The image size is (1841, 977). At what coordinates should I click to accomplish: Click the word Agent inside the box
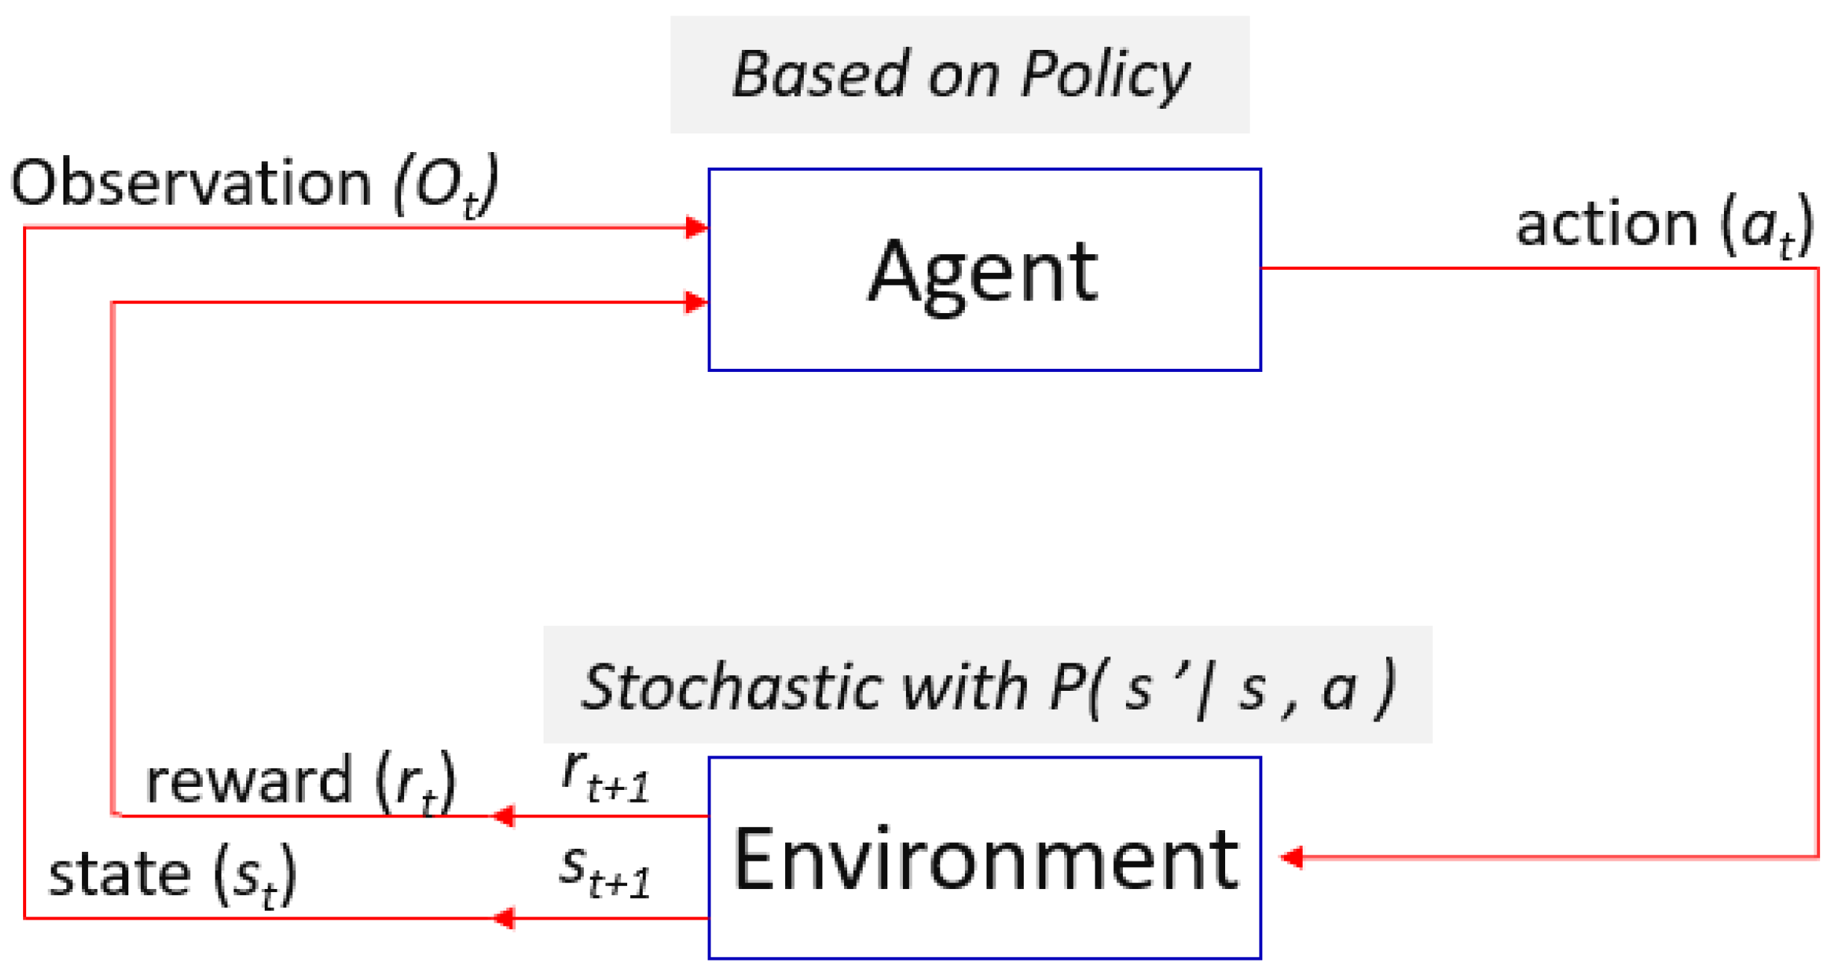click(x=983, y=272)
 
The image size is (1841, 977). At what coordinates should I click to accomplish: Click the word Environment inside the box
click(x=984, y=859)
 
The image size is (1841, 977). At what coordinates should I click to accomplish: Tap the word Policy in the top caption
click(x=1105, y=75)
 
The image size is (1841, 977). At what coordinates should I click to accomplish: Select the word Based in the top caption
click(x=820, y=75)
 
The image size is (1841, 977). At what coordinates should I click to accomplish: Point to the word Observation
click(x=191, y=183)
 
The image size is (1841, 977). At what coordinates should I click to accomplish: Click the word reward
click(x=248, y=781)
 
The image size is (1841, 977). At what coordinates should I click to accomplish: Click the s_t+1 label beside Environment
click(x=604, y=872)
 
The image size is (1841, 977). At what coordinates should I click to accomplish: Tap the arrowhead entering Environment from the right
click(x=1291, y=857)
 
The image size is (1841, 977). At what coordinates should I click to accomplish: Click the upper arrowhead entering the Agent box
click(x=696, y=227)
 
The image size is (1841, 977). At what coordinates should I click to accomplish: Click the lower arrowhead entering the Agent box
click(x=696, y=302)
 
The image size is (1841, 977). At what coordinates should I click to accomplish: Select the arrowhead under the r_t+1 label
click(x=504, y=815)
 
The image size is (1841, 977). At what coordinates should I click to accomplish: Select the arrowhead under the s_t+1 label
click(x=504, y=917)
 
